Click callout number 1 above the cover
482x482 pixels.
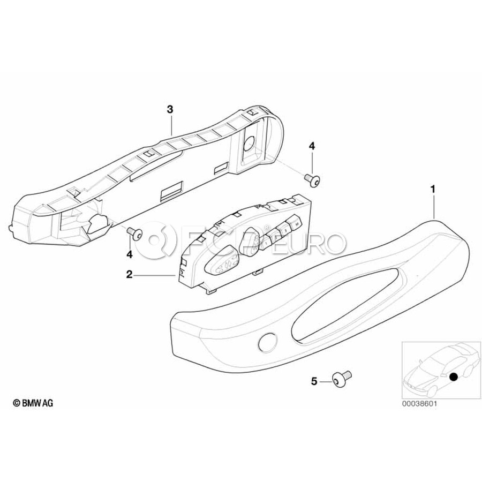[x=433, y=190]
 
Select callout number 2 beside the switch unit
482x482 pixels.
[x=129, y=275]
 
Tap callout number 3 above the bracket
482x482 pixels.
[x=170, y=109]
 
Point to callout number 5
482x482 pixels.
[x=314, y=381]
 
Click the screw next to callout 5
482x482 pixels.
[x=342, y=379]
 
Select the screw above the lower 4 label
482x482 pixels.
[x=135, y=234]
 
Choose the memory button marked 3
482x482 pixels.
[x=285, y=230]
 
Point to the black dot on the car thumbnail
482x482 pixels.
[x=453, y=376]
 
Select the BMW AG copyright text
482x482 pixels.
[x=33, y=403]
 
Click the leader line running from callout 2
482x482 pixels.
[x=155, y=276]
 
